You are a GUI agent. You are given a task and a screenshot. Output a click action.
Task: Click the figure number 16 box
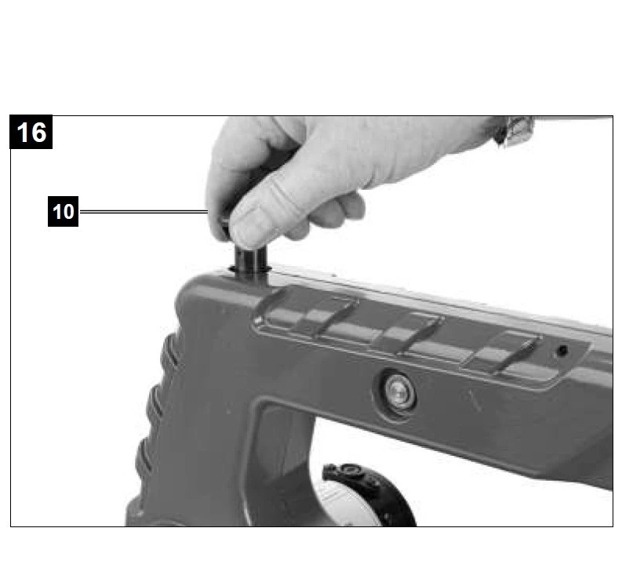[31, 132]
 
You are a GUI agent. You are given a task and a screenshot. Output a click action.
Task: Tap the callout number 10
[63, 212]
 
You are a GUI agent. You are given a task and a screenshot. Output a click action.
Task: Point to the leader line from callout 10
[144, 212]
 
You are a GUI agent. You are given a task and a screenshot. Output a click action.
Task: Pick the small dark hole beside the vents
[562, 351]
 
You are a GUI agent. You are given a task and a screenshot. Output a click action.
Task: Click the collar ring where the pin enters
[250, 271]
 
